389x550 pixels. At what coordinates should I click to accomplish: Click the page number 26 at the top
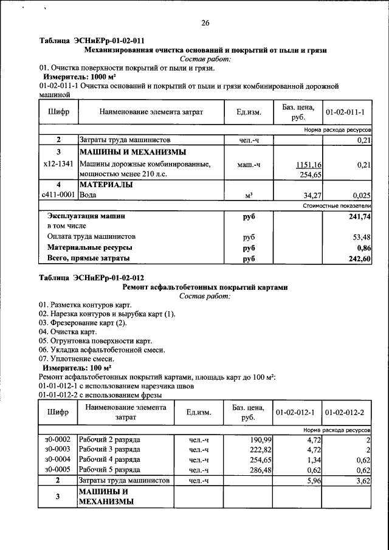coord(205,23)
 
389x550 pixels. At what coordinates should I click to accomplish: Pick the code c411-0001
coord(58,195)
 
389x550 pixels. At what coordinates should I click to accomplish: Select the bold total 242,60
coord(359,259)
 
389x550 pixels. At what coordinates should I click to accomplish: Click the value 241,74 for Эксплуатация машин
coord(359,216)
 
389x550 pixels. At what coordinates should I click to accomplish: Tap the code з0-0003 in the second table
coord(58,449)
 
